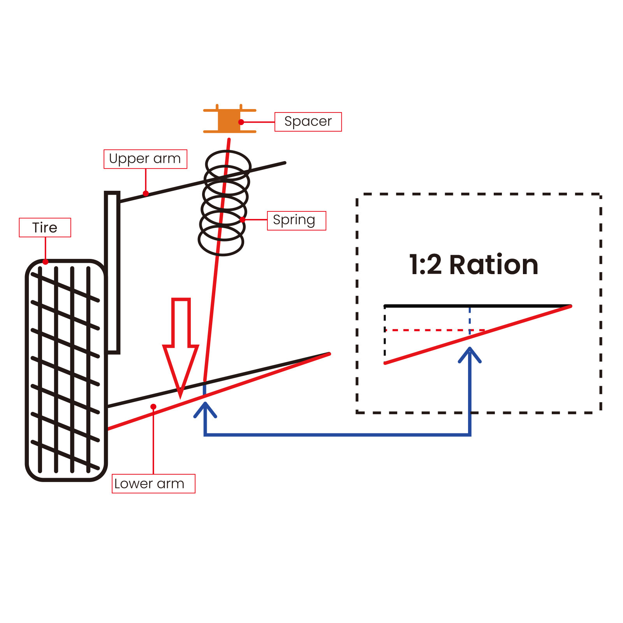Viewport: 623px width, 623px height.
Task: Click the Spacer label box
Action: coord(308,122)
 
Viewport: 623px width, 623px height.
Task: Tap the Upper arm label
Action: coord(145,159)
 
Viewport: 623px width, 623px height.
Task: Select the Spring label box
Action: coord(296,221)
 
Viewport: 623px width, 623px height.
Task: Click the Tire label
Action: coord(45,227)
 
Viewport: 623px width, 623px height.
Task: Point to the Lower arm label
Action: coord(153,484)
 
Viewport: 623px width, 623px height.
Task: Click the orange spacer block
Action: coord(229,121)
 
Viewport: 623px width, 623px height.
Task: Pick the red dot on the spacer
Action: coord(241,122)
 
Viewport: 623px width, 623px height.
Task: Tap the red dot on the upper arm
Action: coord(146,194)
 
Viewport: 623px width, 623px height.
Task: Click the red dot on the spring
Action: coord(243,220)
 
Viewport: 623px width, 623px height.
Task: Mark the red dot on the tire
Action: coord(46,262)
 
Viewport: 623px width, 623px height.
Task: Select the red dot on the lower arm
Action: coord(153,407)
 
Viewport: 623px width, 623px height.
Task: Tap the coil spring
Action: coord(223,202)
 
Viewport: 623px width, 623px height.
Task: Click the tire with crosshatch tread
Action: coord(65,370)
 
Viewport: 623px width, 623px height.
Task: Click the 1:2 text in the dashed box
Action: coord(425,265)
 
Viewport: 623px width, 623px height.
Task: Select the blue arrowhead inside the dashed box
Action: coord(470,354)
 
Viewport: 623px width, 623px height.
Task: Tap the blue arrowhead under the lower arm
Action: coord(205,409)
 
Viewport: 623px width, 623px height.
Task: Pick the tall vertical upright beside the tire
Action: coord(112,273)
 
